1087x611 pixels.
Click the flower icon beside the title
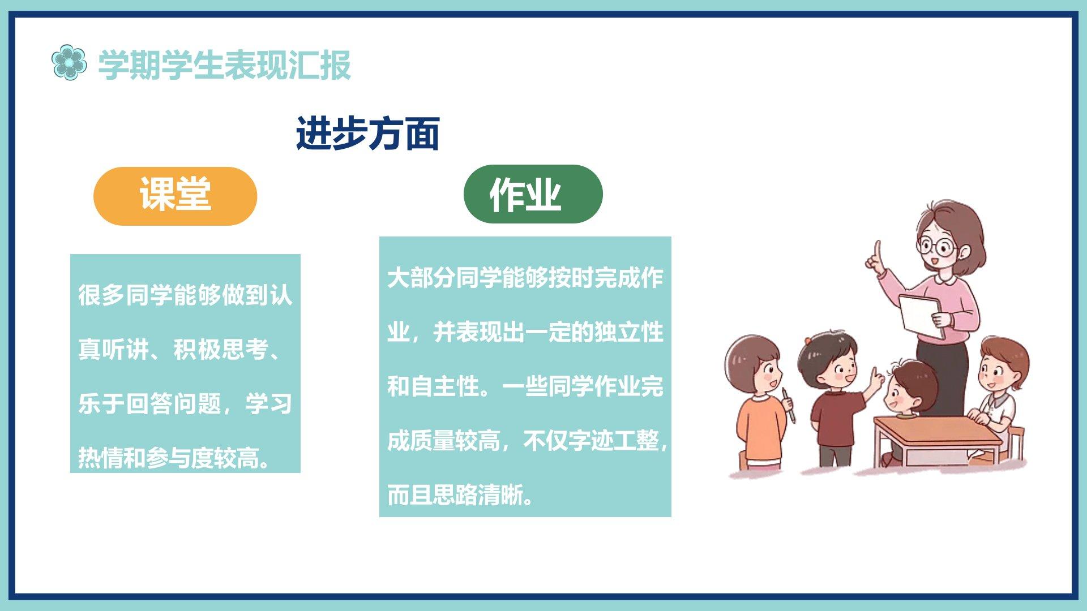click(69, 62)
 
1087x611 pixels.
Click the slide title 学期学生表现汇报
click(225, 65)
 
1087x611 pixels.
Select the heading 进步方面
click(367, 134)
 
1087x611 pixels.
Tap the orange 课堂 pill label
click(175, 196)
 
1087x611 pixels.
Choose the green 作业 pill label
click(533, 194)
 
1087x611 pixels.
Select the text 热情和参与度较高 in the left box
click(168, 458)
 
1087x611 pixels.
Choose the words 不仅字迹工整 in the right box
click(591, 441)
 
